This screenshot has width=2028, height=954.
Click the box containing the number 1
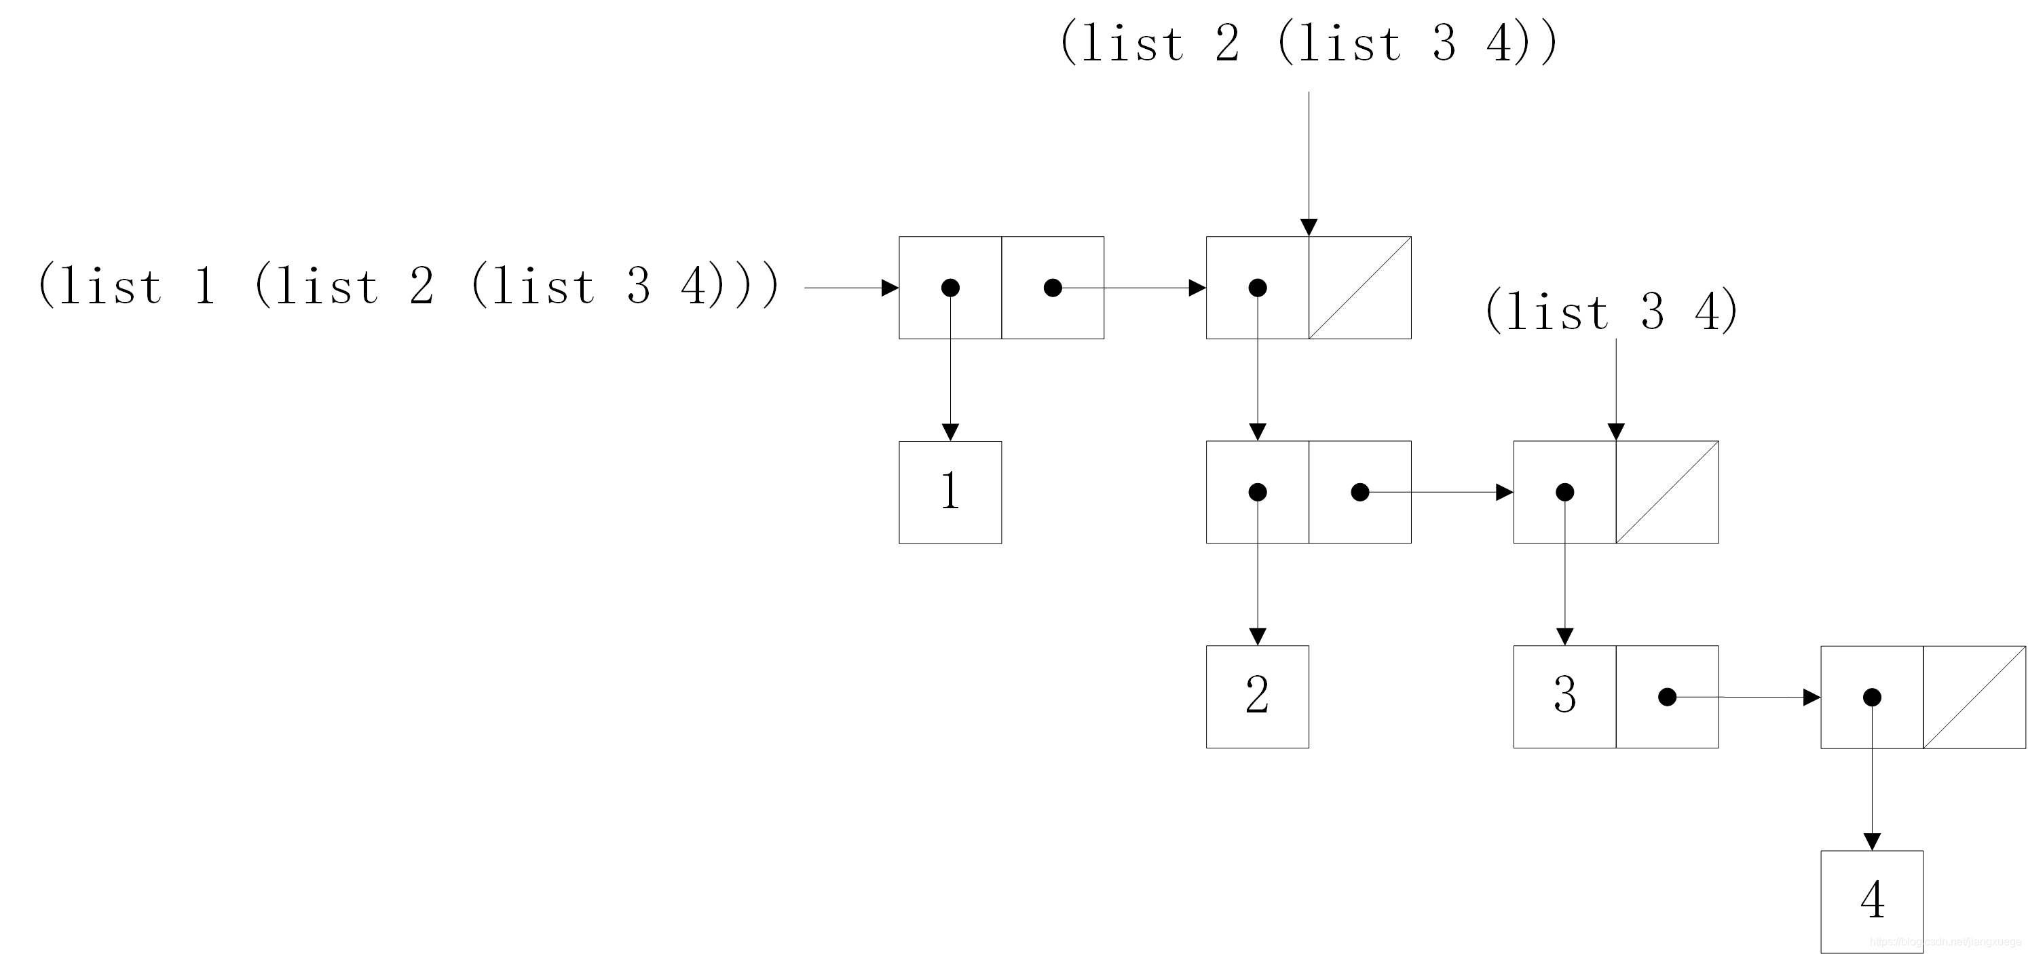(x=950, y=492)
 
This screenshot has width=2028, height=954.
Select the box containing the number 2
(x=1257, y=697)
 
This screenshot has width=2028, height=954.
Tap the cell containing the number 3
(x=1564, y=697)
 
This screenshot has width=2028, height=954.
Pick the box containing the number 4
(x=1871, y=901)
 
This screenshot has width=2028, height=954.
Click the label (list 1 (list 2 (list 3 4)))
(x=408, y=285)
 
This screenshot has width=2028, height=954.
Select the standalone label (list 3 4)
(x=1611, y=311)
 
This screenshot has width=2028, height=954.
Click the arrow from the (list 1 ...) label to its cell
(x=851, y=288)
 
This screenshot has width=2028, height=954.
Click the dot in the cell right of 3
(x=1667, y=697)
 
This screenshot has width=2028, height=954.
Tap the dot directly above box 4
(x=1872, y=697)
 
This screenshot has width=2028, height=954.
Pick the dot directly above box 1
(x=950, y=288)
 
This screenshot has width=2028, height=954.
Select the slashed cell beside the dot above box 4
(x=1974, y=697)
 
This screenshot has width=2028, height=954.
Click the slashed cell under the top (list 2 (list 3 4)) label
(x=1359, y=288)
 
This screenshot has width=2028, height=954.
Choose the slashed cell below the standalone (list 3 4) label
(x=1667, y=492)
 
